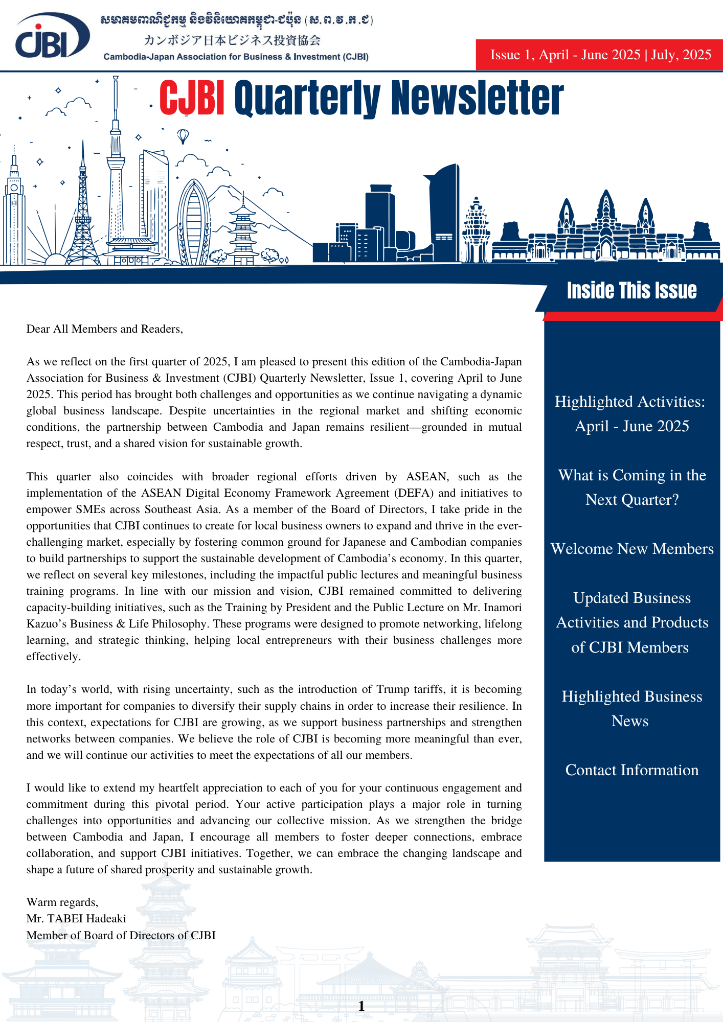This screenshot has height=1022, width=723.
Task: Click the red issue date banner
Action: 599,55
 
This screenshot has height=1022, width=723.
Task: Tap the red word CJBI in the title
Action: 192,98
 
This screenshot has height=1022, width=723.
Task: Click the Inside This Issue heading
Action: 631,291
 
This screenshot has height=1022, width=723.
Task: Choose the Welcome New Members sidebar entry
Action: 632,549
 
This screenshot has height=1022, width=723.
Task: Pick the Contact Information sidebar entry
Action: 632,770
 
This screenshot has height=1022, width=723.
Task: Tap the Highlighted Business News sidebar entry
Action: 632,709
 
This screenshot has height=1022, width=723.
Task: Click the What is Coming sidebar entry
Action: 632,487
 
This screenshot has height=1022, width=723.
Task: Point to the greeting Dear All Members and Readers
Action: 104,329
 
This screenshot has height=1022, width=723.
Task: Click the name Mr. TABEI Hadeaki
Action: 76,919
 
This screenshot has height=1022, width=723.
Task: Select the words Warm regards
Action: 62,902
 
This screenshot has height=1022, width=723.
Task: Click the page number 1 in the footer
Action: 361,1006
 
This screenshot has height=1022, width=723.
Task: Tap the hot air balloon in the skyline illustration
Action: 183,136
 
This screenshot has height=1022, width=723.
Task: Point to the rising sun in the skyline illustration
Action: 56,258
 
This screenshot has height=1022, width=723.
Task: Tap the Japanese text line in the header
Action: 232,40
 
